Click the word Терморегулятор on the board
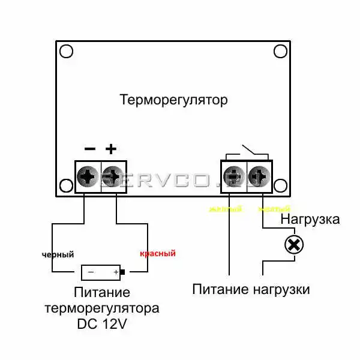[x=174, y=100]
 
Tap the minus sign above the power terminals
[x=90, y=148]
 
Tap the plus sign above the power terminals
[x=110, y=148]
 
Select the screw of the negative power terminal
[x=89, y=176]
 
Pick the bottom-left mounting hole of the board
[x=65, y=185]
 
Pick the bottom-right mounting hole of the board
[x=280, y=185]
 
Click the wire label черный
[x=58, y=254]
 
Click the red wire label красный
[x=157, y=254]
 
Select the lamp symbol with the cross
[x=293, y=245]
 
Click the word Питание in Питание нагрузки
[x=217, y=290]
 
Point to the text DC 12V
[x=102, y=324]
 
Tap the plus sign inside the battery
[x=115, y=272]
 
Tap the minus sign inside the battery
[x=91, y=272]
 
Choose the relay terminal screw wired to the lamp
[x=259, y=176]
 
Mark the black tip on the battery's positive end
[x=123, y=272]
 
